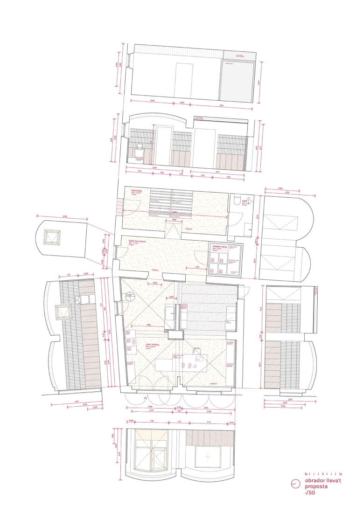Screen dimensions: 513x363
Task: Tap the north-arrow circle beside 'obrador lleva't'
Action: pos(295,484)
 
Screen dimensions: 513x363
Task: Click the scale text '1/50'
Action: pos(308,492)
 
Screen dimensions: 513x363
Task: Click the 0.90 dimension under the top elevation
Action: pos(182,103)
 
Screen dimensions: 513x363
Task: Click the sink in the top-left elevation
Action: pos(139,152)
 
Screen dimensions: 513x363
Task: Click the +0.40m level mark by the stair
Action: pos(188,229)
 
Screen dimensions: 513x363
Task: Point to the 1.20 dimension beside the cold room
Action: pos(197,267)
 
